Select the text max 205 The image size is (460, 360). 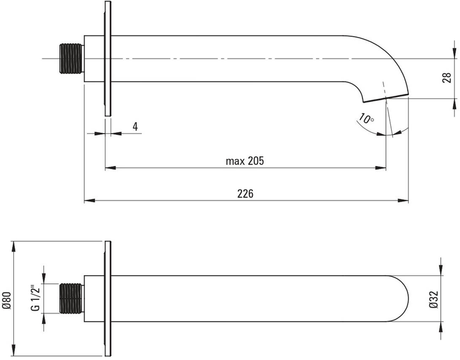click(x=245, y=161)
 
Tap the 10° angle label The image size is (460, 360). click(x=366, y=119)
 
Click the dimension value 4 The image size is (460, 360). click(x=135, y=126)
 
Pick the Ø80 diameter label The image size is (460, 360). click(x=7, y=299)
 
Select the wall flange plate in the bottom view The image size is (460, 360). click(x=108, y=299)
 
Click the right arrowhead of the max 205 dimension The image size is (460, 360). click(x=382, y=168)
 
